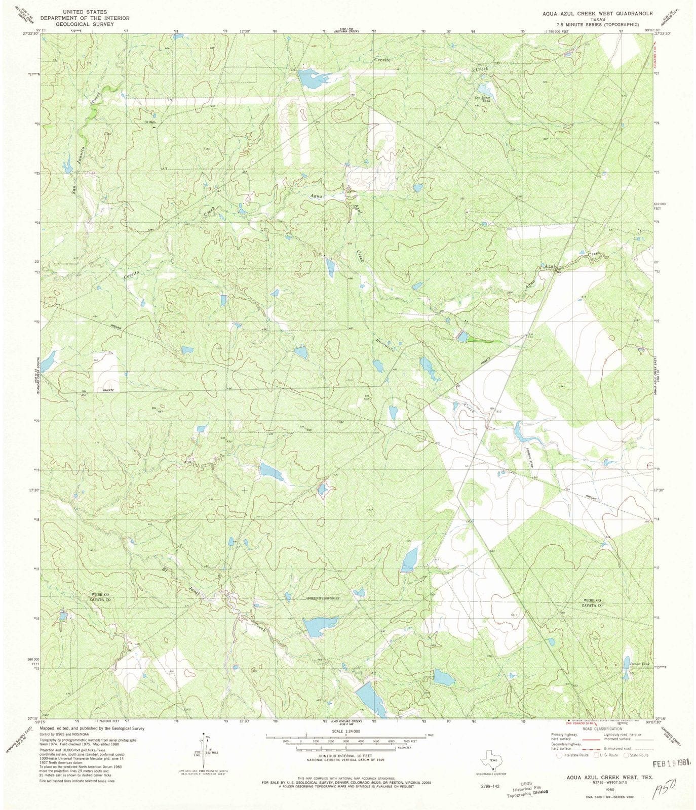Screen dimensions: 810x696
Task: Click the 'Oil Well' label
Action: pyautogui.click(x=149, y=121)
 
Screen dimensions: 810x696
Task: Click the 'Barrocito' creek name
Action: pyautogui.click(x=385, y=344)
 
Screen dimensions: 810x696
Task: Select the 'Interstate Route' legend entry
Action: pyautogui.click(x=574, y=755)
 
